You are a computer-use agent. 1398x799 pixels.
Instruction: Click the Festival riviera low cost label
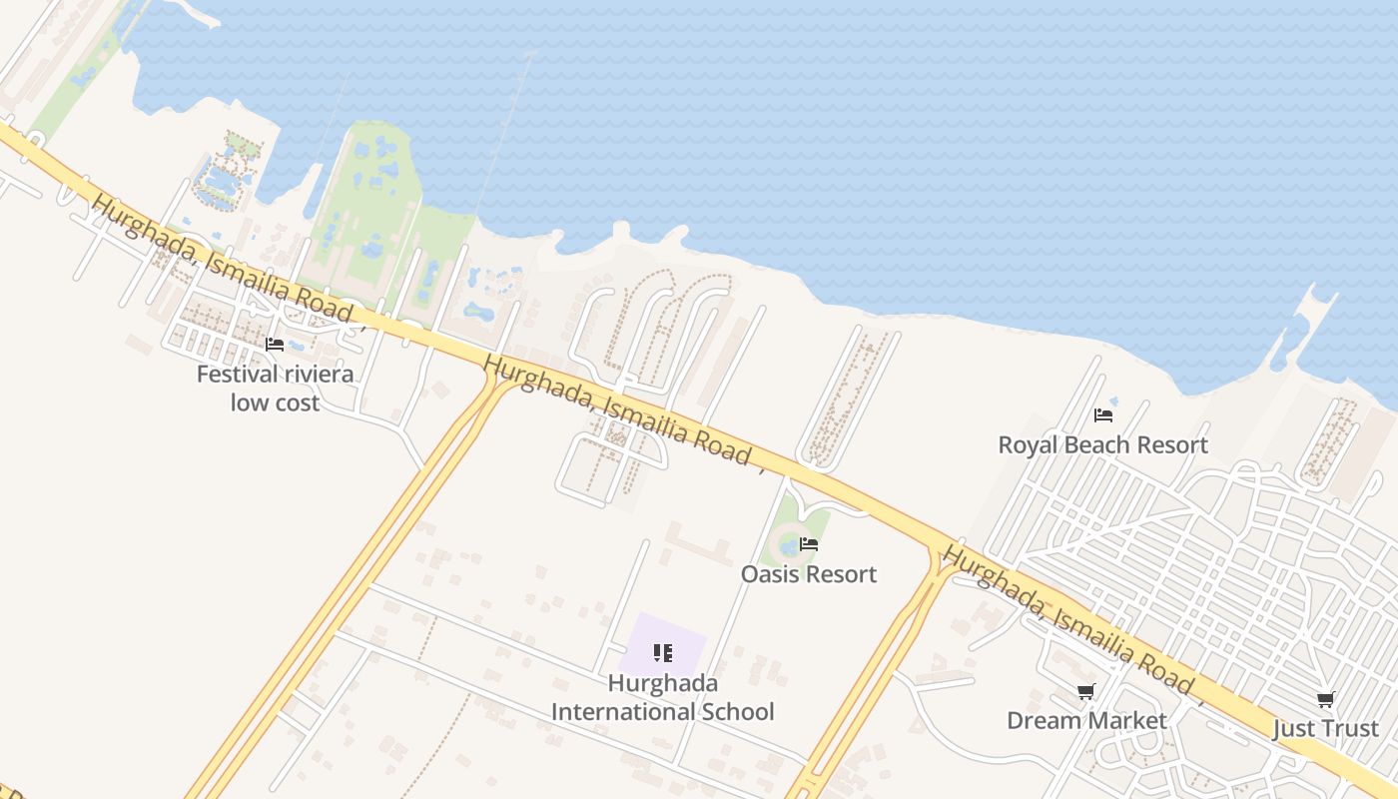pyautogui.click(x=275, y=389)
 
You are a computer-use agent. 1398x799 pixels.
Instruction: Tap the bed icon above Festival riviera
pyautogui.click(x=275, y=345)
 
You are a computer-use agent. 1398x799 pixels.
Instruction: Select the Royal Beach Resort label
pyautogui.click(x=1102, y=444)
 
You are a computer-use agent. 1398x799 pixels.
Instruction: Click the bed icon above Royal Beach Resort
pyautogui.click(x=1103, y=414)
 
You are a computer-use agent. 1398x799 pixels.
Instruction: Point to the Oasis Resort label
pyautogui.click(x=808, y=574)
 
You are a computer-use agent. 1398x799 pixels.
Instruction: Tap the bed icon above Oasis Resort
pyautogui.click(x=809, y=544)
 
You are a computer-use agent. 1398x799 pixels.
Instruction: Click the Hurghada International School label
pyautogui.click(x=663, y=697)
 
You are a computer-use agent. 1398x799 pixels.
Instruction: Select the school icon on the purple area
pyautogui.click(x=663, y=653)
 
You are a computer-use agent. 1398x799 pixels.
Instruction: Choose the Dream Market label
pyautogui.click(x=1086, y=720)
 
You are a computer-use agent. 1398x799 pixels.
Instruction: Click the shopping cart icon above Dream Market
pyautogui.click(x=1086, y=691)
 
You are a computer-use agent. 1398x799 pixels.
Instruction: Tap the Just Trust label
pyautogui.click(x=1325, y=729)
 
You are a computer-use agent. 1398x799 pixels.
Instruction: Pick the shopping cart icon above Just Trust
pyautogui.click(x=1326, y=699)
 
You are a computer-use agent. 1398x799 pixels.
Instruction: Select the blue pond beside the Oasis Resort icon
pyautogui.click(x=789, y=546)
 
